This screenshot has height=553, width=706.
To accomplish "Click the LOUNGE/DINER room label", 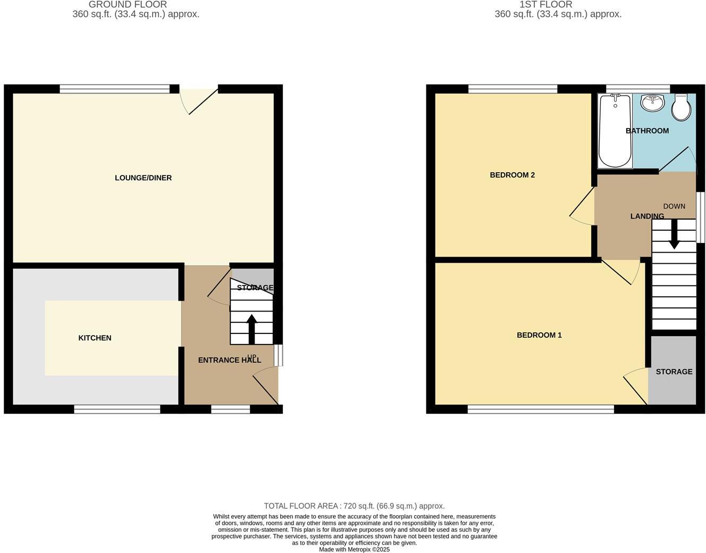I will (x=143, y=178).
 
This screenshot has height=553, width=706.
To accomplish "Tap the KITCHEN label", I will (x=95, y=338).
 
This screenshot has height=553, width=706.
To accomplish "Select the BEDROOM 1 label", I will (x=539, y=335).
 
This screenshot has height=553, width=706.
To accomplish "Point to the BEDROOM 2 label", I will (x=512, y=175).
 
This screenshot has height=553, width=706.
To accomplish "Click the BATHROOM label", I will (x=647, y=131).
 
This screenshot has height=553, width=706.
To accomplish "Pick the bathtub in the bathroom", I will (x=615, y=131).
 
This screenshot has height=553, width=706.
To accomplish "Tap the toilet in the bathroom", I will (x=681, y=107).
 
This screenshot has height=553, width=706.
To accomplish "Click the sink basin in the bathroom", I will (x=652, y=103).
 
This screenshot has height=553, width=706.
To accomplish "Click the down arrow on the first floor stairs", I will (x=674, y=234).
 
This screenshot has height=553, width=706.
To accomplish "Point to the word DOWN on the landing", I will (x=674, y=206).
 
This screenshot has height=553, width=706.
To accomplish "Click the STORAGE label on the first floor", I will (x=674, y=372).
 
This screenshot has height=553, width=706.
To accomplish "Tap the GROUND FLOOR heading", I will (x=128, y=5).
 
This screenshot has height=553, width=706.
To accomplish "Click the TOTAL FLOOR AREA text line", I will (x=354, y=506).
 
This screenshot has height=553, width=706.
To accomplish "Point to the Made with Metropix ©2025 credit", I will (x=354, y=549).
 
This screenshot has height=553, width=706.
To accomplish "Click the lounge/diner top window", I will (x=115, y=89).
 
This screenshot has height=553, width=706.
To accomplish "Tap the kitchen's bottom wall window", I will (x=117, y=409).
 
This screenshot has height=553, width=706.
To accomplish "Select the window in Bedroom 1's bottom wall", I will (x=541, y=409).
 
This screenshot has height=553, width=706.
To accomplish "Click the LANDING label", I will (x=647, y=216).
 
